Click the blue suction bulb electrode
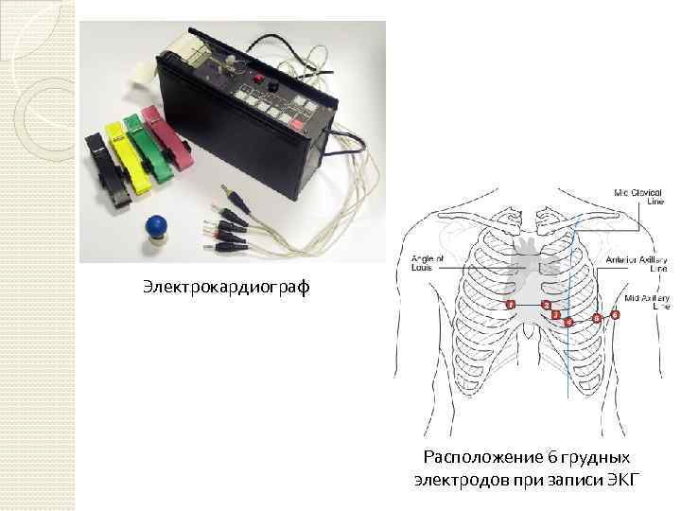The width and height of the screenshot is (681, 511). coord(155,230)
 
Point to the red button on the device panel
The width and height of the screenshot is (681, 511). coord(253,79)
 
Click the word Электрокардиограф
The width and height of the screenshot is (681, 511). coord(226,285)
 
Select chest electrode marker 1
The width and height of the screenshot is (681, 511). coord(510,305)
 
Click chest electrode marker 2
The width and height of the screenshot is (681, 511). coord(546,305)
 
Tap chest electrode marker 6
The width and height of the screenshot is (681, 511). coord(616,314)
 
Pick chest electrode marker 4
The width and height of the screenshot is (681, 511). coord(568,322)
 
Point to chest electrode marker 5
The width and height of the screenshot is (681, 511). coord(596,318)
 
